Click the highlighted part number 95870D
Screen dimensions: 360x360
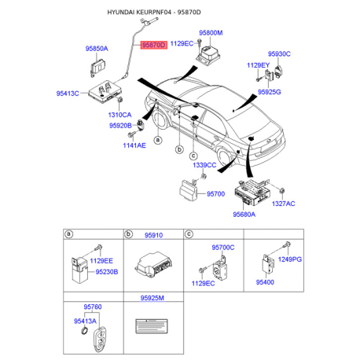154,45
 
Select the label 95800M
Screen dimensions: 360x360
211,33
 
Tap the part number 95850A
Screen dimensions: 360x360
97,49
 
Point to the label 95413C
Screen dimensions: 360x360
68,94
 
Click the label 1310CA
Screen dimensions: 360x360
119,115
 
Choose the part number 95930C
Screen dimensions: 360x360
279,53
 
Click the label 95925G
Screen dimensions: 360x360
270,92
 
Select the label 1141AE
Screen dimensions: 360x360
134,145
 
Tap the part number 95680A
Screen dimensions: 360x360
244,215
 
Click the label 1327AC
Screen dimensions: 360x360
283,204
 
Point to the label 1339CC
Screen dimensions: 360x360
204,165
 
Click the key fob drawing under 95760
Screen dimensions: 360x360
100,340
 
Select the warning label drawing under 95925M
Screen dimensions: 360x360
152,326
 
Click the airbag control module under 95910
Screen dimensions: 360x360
153,265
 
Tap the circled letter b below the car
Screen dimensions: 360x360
179,149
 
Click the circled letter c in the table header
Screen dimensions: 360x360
189,234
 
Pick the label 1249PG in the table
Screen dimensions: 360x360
290,259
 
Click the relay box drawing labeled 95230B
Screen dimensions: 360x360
79,270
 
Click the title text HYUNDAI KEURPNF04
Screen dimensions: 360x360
139,13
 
